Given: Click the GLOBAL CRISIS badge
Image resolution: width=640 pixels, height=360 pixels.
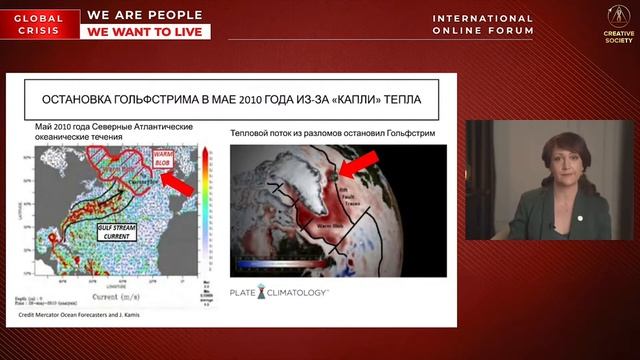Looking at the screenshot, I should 39,24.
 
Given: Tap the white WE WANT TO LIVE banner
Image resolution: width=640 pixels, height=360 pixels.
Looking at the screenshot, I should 148,32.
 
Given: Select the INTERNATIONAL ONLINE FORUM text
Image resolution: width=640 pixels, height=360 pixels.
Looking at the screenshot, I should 482,25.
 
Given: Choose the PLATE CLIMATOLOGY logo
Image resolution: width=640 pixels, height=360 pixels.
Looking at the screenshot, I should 279,292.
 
